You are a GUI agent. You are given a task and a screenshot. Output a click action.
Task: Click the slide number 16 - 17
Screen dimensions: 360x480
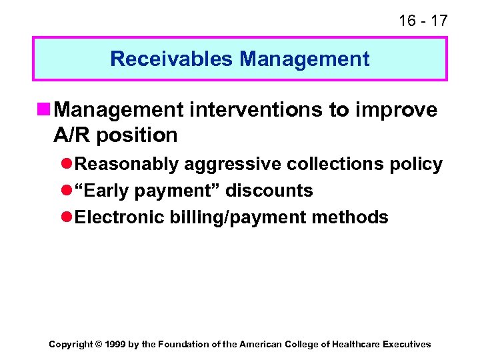click(x=423, y=21)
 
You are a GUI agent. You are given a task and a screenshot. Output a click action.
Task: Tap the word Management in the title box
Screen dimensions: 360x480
click(x=305, y=59)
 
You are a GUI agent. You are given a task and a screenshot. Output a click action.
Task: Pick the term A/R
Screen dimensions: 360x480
click(x=73, y=135)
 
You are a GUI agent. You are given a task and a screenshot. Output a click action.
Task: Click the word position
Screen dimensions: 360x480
click(x=138, y=135)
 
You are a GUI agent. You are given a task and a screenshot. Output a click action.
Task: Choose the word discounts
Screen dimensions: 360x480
click(x=269, y=191)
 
